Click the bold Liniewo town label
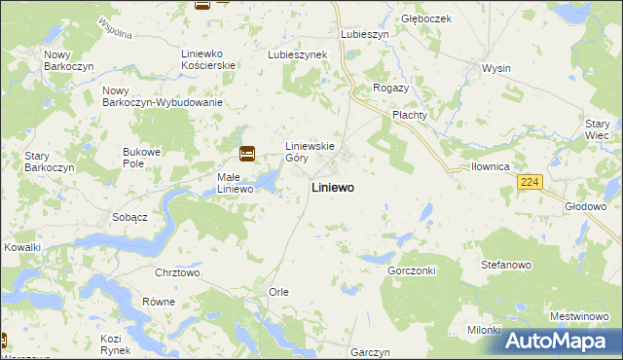pos(332,187)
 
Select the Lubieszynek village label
pos(297,54)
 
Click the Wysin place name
pos(496,69)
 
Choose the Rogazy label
pos(391,88)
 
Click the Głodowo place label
pos(585,206)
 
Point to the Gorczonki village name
pos(411,270)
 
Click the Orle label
pos(278,292)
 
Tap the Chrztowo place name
pos(177,273)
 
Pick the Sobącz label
pos(129,217)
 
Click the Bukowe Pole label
pos(140,157)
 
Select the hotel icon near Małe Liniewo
pos(247,153)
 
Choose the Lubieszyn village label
pos(365,33)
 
